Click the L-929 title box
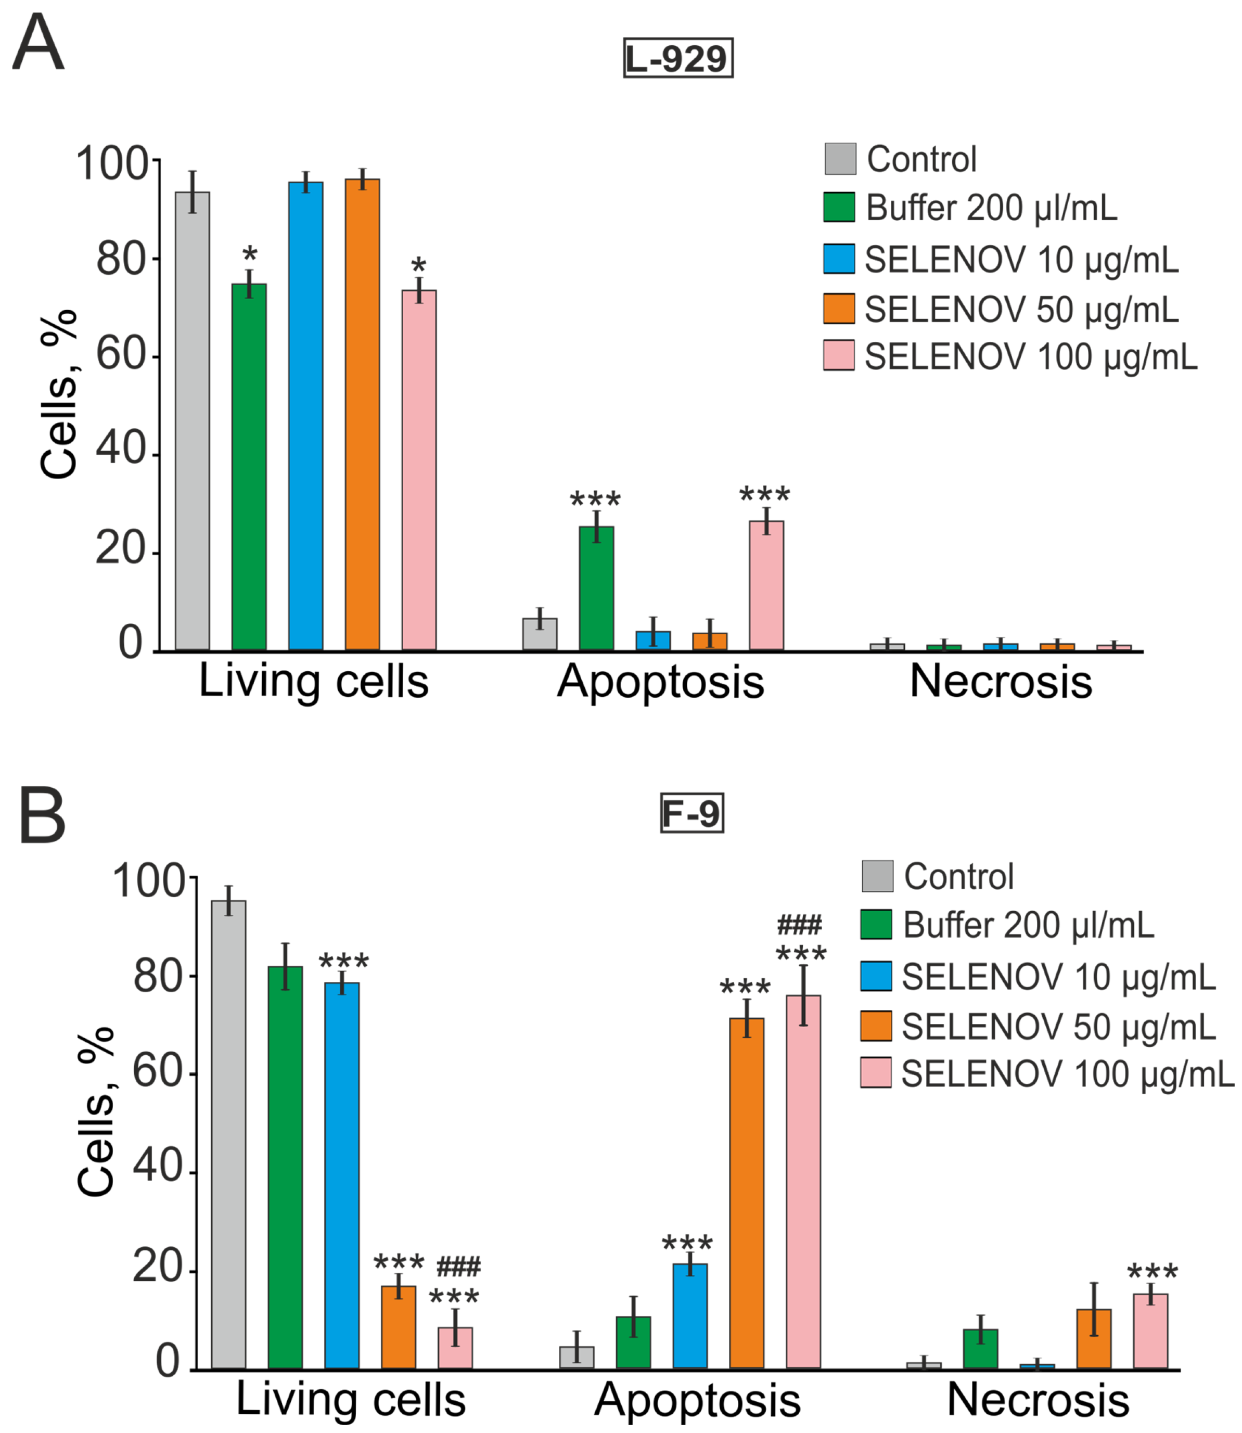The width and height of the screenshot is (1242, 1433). tap(678, 58)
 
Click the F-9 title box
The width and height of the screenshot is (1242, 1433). tap(691, 812)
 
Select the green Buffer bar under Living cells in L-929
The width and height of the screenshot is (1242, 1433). tap(249, 468)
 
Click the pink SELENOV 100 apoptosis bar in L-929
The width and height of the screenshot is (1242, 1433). tap(766, 585)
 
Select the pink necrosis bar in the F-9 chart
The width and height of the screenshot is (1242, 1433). tap(1150, 1331)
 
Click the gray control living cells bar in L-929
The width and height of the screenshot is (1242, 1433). tap(192, 421)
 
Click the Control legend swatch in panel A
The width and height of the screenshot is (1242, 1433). tap(840, 159)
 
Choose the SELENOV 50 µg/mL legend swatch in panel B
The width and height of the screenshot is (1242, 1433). tap(876, 1026)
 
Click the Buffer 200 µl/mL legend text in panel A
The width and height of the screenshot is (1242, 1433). tap(991, 208)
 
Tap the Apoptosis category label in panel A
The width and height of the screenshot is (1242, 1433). tap(660, 682)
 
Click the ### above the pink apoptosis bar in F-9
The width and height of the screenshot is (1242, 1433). tap(799, 925)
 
